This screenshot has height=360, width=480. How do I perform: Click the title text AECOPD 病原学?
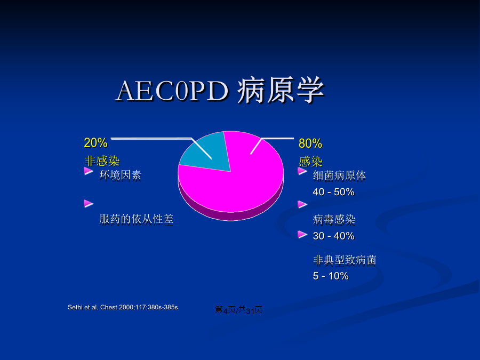pos(220,90)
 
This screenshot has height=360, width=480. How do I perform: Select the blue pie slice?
pos(208,153)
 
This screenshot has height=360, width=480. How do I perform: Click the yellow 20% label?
pos(95,142)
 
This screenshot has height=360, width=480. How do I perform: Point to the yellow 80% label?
pos(310,143)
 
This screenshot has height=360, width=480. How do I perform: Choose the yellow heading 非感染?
pos(102,161)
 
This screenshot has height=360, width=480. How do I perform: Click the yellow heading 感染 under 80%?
pos(311,161)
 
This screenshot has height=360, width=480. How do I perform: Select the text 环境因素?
pos(121,175)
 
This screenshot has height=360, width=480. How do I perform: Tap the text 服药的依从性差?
pos(136,220)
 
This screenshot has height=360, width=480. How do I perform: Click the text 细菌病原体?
pos(339,175)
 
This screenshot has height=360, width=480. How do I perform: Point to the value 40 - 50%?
pos(334,192)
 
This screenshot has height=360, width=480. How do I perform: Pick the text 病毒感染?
pos(334,220)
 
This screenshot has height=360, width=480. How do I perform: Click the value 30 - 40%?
pos(334,236)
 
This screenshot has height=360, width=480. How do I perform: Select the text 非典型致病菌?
pos(345,260)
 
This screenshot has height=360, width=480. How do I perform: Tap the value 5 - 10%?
pos(331,276)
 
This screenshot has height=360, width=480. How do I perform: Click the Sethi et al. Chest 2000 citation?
pos(123,307)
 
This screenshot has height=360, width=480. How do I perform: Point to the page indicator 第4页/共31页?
pos(238,310)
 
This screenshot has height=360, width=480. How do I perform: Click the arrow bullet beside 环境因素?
pos(89,171)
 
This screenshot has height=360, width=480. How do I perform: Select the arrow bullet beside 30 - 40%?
pos(302,235)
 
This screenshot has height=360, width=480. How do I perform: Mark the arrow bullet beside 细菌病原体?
pos(302,171)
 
